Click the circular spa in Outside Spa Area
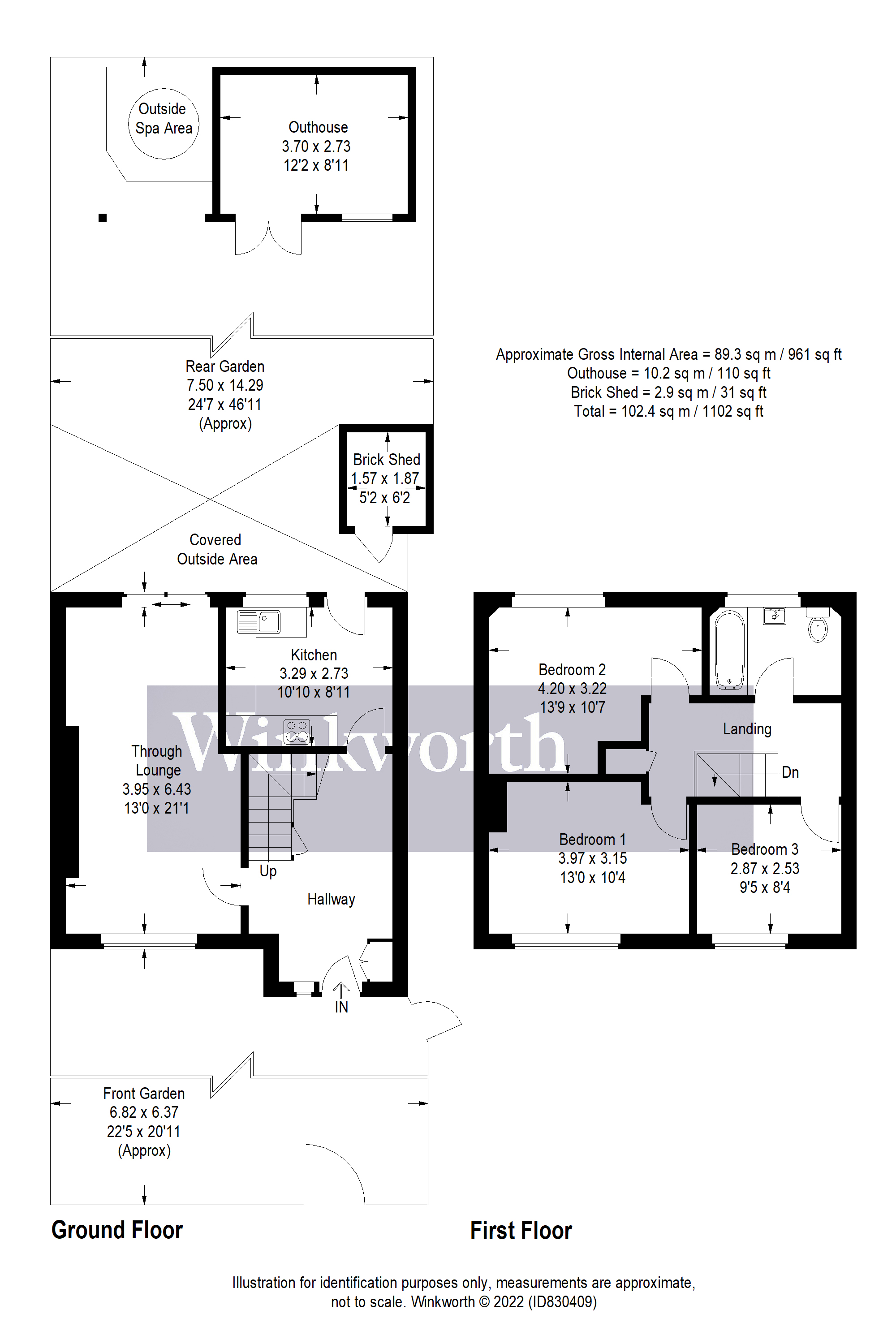[164, 124]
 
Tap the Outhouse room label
[318, 127]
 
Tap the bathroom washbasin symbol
[774, 616]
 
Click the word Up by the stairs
[268, 871]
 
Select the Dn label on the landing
[790, 772]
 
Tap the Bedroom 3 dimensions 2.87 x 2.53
[765, 869]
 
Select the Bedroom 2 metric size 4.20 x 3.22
[572, 689]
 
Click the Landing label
[747, 729]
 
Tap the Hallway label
[331, 900]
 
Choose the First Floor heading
[521, 1230]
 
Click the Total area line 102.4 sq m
[668, 411]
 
